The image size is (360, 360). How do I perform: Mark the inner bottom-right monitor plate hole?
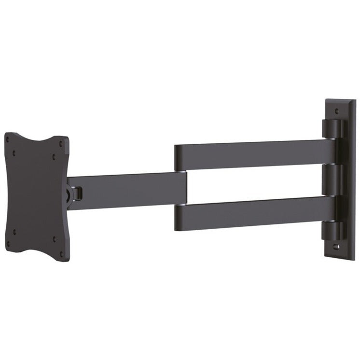click(54, 238)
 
